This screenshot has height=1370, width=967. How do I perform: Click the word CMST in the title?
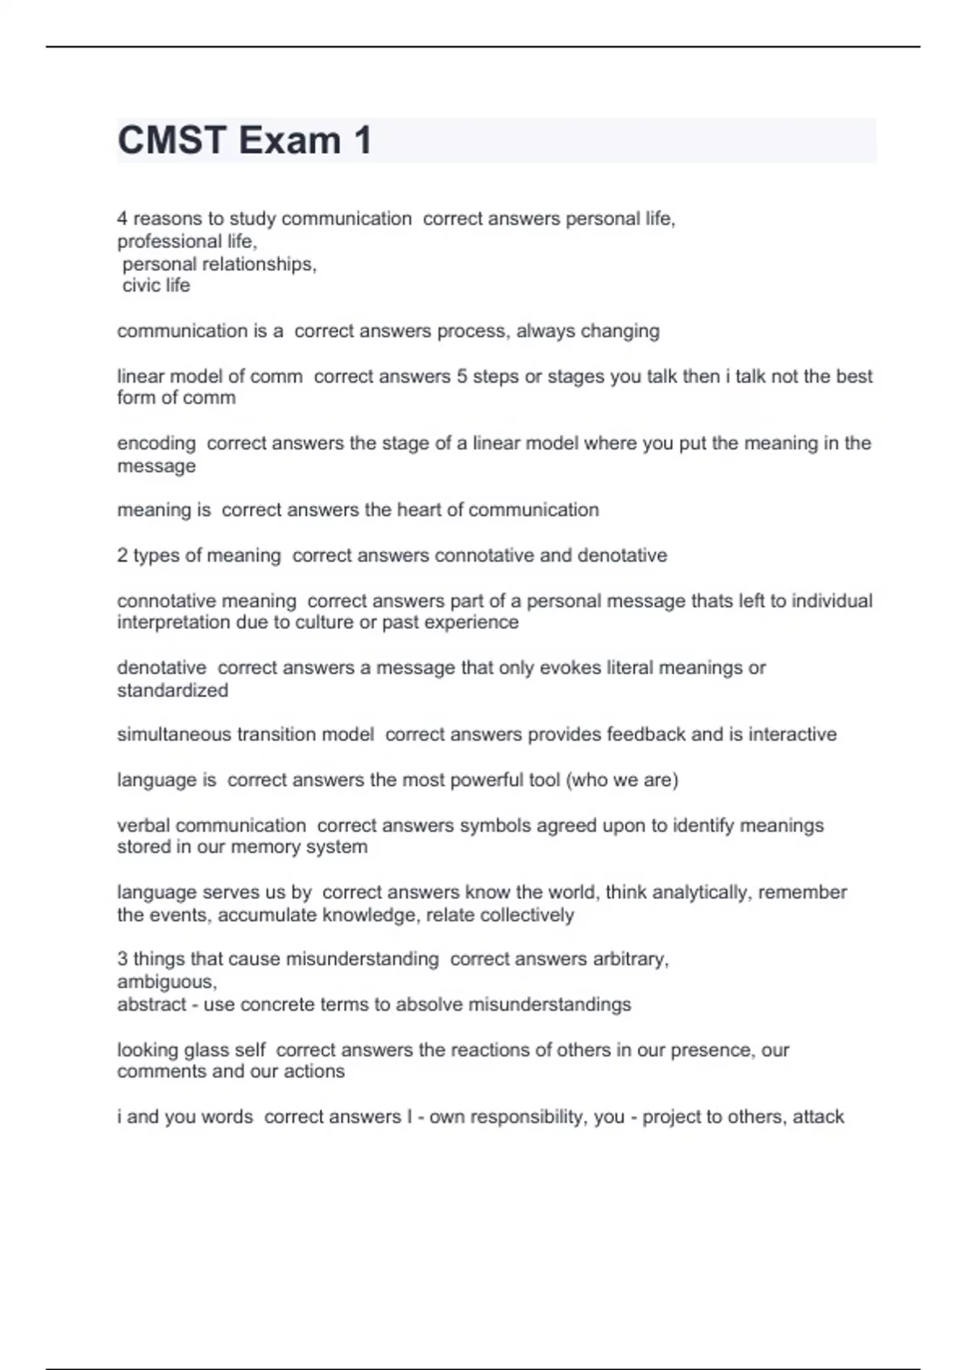tap(172, 140)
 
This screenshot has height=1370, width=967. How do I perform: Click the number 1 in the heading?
tap(362, 140)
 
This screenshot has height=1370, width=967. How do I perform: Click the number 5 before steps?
tap(462, 376)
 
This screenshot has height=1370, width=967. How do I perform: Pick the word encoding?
tap(156, 443)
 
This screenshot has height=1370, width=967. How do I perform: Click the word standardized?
tap(172, 691)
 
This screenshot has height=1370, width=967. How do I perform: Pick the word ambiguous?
tap(166, 982)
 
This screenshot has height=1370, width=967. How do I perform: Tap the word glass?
tap(207, 1050)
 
